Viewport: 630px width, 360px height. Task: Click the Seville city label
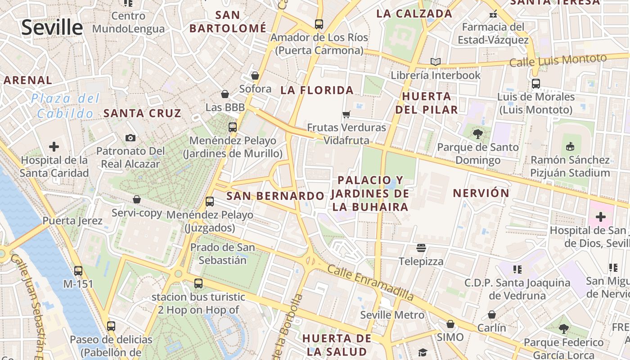click(52, 27)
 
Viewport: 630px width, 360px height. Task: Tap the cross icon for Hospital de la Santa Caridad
click(54, 147)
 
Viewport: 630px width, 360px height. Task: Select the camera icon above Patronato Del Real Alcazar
click(130, 138)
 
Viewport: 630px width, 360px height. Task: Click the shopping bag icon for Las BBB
click(225, 94)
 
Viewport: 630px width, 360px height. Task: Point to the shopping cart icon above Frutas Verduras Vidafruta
click(346, 114)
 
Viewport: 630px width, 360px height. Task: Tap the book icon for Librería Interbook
click(435, 62)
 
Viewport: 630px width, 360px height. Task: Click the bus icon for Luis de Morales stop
click(535, 83)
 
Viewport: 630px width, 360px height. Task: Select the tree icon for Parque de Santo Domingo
click(477, 133)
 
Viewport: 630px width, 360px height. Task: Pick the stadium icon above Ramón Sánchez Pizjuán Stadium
click(570, 146)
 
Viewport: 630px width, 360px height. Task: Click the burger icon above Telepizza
click(421, 248)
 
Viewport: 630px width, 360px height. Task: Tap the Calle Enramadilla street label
click(370, 283)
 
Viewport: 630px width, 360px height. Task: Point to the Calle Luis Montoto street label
click(558, 60)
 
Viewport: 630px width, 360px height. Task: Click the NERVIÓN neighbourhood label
click(481, 193)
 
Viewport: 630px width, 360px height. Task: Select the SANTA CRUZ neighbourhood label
click(142, 113)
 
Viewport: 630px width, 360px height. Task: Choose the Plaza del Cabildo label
click(65, 106)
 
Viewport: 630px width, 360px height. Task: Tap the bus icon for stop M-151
click(78, 271)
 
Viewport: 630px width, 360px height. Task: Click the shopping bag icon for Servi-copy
click(137, 199)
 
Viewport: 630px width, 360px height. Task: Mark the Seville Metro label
click(392, 315)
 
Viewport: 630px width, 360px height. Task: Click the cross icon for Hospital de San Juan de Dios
click(600, 217)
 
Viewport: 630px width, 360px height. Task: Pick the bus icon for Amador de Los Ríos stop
click(319, 24)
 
